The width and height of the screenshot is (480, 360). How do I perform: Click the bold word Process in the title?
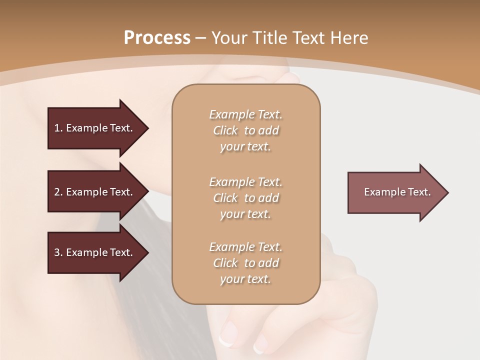tap(157, 37)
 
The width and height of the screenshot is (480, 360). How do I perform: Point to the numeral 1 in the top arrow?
tap(57, 128)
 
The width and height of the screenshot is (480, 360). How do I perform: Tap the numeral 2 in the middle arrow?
tap(57, 192)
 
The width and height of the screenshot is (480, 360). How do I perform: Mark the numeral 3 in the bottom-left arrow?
tap(57, 252)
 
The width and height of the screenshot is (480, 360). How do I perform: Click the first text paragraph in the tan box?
tap(245, 130)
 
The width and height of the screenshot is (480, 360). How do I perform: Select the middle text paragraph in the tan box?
tap(245, 197)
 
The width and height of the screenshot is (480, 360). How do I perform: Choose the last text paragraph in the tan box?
tap(245, 263)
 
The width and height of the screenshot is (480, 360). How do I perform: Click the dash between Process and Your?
tap(201, 38)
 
